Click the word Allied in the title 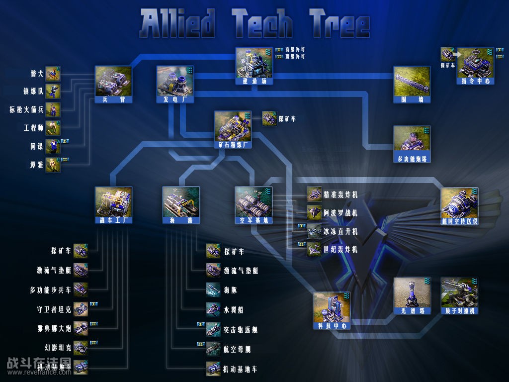pyautogui.click(x=178, y=23)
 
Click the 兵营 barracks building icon pyautogui.click(x=113, y=82)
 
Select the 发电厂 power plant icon pyautogui.click(x=174, y=81)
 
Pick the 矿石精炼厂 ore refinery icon pyautogui.click(x=232, y=126)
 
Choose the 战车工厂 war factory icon pyautogui.click(x=113, y=202)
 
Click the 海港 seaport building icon pyautogui.click(x=181, y=202)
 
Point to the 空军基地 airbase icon pyautogui.click(x=253, y=202)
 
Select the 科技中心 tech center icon pyautogui.click(x=331, y=308)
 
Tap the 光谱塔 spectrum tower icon pyautogui.click(x=412, y=293)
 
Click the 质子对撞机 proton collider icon pyautogui.click(x=459, y=293)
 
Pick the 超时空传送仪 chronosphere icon pyautogui.click(x=459, y=203)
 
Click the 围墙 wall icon pyautogui.click(x=412, y=82)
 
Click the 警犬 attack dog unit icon pyautogui.click(x=53, y=74)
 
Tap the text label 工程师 pyautogui.click(x=34, y=128)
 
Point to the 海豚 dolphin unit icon pyautogui.click(x=213, y=290)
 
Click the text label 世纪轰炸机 pyautogui.click(x=340, y=250)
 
